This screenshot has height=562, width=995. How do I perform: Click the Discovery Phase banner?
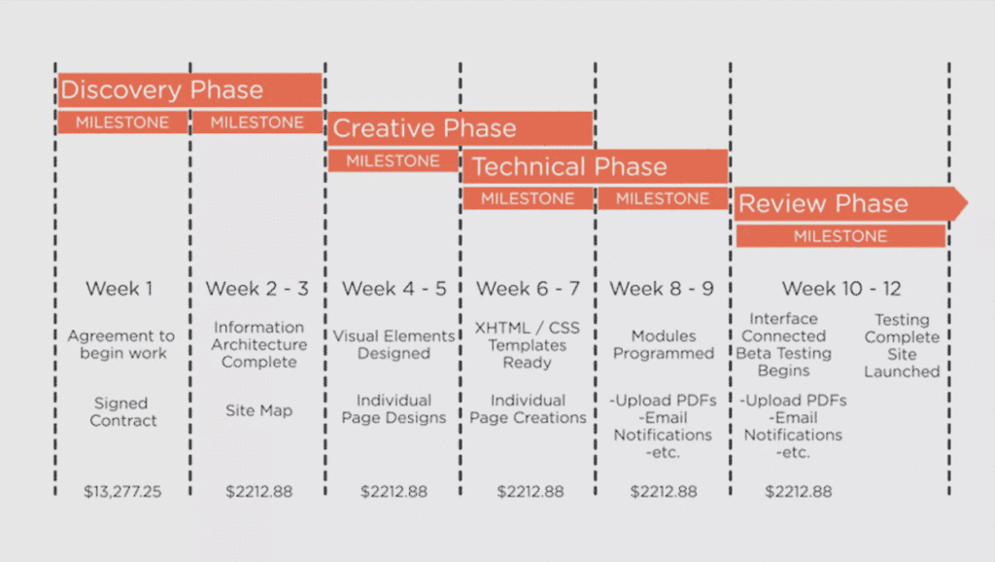[x=189, y=89]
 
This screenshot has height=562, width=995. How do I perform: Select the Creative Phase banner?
[x=461, y=128]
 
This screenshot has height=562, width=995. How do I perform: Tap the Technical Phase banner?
[x=596, y=166]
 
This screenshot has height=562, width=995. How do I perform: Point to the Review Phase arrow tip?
[x=967, y=203]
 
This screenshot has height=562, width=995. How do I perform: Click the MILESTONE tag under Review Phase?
[x=841, y=236]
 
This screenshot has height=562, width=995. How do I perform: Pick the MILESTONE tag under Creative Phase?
[x=393, y=160]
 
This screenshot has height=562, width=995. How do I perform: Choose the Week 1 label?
[x=120, y=289]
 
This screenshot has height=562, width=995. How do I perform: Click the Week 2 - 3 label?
[x=257, y=289]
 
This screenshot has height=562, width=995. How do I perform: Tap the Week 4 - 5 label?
[x=395, y=289]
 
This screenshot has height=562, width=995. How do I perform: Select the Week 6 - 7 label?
[x=528, y=289]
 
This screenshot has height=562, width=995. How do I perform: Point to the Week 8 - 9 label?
[x=662, y=289]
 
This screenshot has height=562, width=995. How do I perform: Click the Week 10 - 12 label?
[x=841, y=289]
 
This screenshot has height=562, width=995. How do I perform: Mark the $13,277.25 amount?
[x=122, y=492]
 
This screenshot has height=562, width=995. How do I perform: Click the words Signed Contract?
[x=121, y=411]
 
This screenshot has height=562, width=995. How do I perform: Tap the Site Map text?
[x=258, y=410]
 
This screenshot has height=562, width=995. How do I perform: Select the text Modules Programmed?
[x=663, y=344]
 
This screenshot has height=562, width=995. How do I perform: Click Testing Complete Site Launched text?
[x=902, y=345]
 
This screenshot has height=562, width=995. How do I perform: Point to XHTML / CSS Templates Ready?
[x=528, y=345]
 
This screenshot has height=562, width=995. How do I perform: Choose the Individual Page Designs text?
[x=395, y=409]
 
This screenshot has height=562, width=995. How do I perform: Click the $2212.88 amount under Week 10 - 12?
[x=799, y=492]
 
